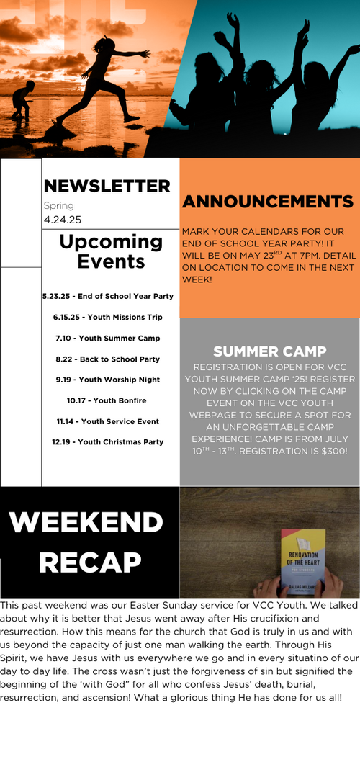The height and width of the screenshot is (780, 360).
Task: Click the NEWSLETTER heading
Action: tap(107, 186)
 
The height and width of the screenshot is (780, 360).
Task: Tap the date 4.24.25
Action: tap(63, 220)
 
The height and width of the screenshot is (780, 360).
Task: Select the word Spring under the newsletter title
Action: tap(58, 206)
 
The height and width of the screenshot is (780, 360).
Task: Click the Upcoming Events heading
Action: tap(111, 251)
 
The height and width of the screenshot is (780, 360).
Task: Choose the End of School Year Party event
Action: tap(108, 296)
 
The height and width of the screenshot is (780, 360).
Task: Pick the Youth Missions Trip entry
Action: tap(108, 317)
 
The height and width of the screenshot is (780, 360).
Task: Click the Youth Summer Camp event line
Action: tap(108, 339)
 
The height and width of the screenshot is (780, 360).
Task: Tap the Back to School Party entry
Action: tap(108, 359)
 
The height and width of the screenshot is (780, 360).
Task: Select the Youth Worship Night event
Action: tap(108, 380)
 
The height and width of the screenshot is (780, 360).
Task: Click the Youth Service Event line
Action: tap(108, 421)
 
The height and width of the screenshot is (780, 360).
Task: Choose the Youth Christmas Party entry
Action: tap(108, 441)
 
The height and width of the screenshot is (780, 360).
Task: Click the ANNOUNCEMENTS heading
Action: tap(268, 202)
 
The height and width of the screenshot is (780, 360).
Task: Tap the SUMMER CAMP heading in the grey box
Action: tap(270, 351)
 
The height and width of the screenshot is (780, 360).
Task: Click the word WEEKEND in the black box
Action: tap(86, 522)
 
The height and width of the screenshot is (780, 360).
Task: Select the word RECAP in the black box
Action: tap(90, 562)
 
